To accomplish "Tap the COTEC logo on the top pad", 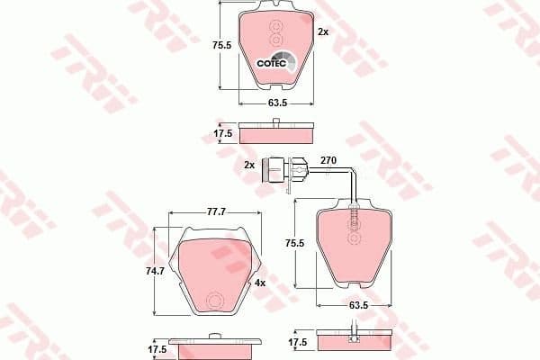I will (x=273, y=62).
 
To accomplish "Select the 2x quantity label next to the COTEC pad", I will (x=323, y=31).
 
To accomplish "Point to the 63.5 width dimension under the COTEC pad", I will (x=275, y=103).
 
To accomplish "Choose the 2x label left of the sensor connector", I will (x=249, y=166).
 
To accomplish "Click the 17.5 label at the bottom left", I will (x=157, y=347).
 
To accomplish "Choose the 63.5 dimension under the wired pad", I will (x=357, y=306).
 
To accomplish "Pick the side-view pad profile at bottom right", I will (x=355, y=343).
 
